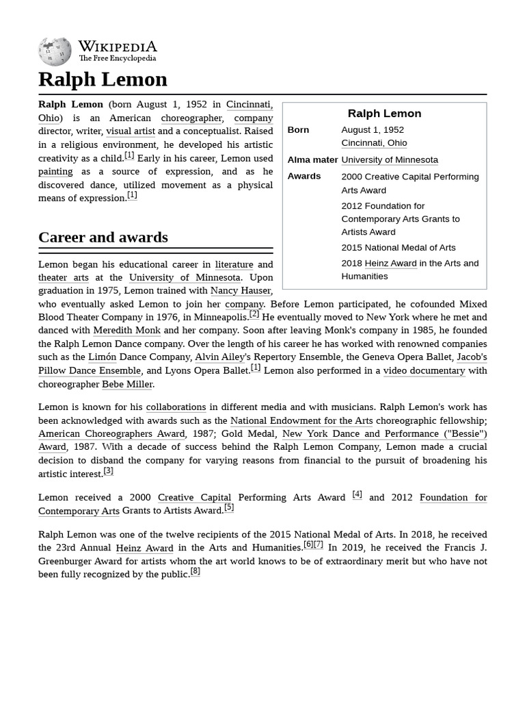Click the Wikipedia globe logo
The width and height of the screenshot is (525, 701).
click(55, 51)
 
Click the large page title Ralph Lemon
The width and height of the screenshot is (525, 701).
click(103, 79)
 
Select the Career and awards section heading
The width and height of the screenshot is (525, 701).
click(103, 238)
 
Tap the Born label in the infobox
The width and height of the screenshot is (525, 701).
click(298, 129)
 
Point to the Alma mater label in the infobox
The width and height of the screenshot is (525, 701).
click(312, 160)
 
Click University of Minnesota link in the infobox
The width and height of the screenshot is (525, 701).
click(390, 160)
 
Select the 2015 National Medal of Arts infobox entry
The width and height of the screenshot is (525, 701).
click(398, 247)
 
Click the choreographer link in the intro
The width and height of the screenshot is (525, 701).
click(191, 118)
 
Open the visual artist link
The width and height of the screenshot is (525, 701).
click(131, 131)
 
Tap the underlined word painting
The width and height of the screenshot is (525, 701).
click(55, 171)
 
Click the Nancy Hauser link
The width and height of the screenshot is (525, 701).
click(241, 290)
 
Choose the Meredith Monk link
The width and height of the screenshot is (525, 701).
click(126, 330)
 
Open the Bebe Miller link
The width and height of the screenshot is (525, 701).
click(127, 384)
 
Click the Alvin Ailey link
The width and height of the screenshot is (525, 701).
click(219, 357)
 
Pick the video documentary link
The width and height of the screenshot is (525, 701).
click(424, 370)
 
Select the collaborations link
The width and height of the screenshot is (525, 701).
click(176, 407)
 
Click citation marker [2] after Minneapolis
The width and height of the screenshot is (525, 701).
click(254, 314)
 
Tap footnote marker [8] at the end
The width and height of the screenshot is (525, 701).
click(196, 571)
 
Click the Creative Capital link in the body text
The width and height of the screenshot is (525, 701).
click(194, 497)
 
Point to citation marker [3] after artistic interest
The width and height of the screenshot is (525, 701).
click(108, 471)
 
